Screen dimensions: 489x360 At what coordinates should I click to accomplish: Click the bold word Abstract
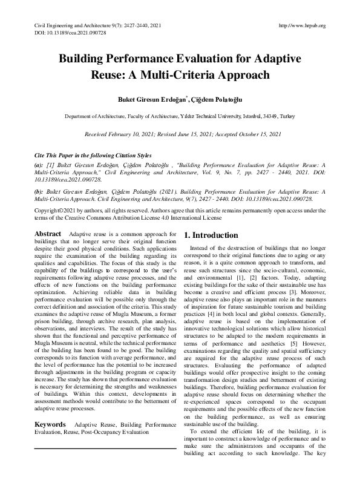[47, 234]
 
